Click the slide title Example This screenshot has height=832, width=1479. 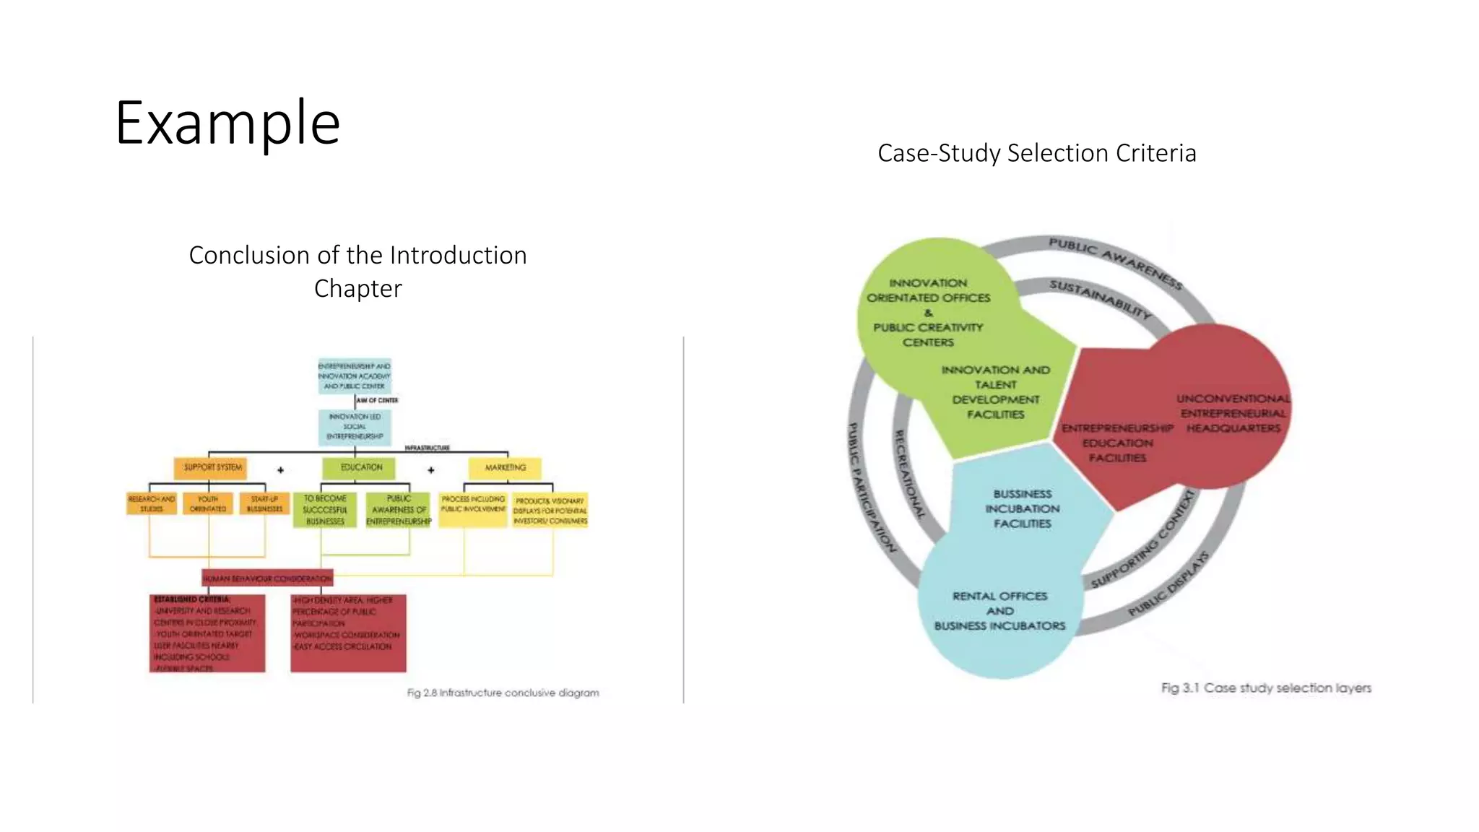tap(227, 123)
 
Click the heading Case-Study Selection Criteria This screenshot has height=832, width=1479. tap(1036, 153)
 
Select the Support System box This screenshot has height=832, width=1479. tap(211, 467)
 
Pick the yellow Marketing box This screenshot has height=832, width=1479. tap(505, 467)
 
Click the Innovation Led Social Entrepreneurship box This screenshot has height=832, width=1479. tap(355, 427)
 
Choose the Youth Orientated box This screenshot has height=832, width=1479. tap(208, 503)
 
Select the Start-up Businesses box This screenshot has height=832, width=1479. tap(264, 503)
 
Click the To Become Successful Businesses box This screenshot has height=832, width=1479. tap(325, 510)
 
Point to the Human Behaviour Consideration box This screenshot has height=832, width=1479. tap(267, 578)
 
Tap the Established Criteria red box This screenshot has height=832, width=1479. tap(207, 633)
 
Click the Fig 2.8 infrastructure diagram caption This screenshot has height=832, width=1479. tap(503, 693)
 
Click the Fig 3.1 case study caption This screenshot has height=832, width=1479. tap(1265, 688)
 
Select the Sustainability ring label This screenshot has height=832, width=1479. tap(1100, 298)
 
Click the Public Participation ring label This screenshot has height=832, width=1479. tap(871, 487)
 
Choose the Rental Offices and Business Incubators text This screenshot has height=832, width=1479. tap(999, 611)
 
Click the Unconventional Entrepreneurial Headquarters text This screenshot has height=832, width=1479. tap(1233, 413)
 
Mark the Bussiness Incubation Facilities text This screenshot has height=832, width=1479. tap(1022, 508)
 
